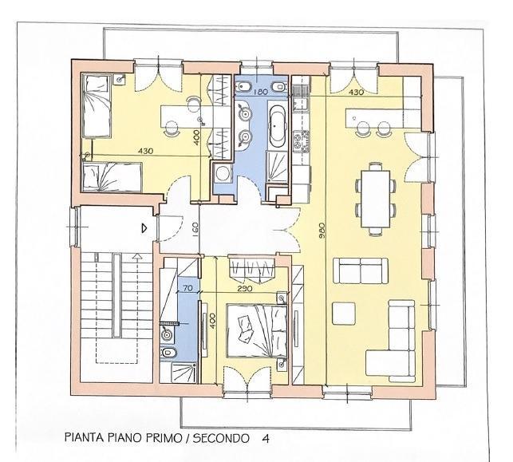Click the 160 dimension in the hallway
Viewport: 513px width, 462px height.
[195, 229]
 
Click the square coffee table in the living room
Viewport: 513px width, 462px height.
[345, 313]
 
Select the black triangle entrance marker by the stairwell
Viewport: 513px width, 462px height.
[143, 227]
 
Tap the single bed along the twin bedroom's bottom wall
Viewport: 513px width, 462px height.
[112, 174]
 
